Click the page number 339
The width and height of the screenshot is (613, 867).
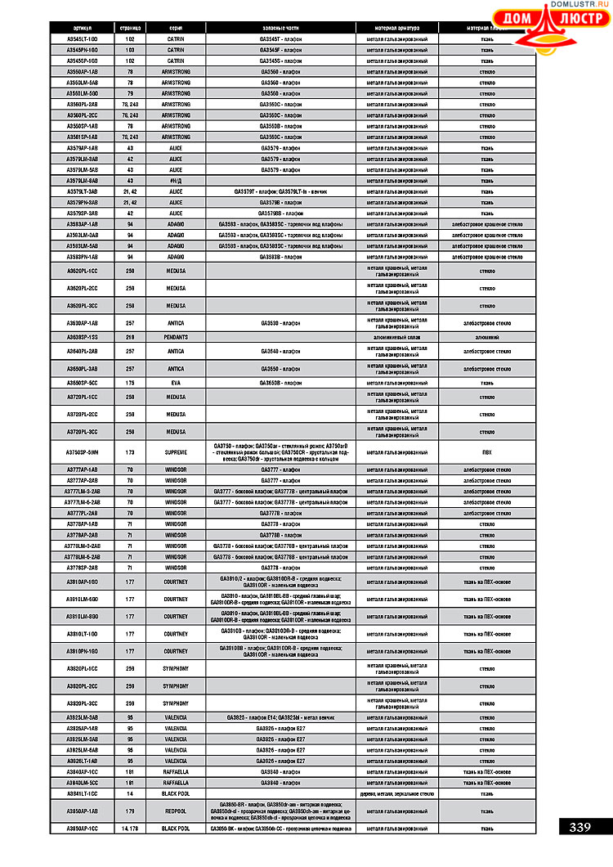tap(580, 827)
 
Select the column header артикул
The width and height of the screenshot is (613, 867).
tap(82, 28)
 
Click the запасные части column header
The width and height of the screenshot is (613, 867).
tap(280, 28)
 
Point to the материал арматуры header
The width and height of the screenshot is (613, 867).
tap(396, 28)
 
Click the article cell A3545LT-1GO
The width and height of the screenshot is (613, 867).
tap(82, 38)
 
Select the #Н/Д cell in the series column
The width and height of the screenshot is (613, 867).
tap(175, 180)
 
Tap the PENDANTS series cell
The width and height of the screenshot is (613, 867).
tap(175, 337)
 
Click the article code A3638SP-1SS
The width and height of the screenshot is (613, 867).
tap(82, 337)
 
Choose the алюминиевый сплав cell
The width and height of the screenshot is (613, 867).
tap(396, 337)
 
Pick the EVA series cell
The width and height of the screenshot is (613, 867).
tap(175, 382)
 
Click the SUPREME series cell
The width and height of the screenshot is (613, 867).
tap(175, 451)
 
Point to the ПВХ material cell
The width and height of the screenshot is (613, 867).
tap(486, 451)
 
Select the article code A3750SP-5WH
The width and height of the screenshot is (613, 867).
tap(82, 451)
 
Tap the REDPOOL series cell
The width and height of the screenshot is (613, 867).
tap(175, 811)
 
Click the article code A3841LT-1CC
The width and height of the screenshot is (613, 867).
tap(82, 793)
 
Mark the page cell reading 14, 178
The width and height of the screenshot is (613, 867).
tap(130, 829)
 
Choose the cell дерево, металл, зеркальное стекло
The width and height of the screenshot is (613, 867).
tap(396, 793)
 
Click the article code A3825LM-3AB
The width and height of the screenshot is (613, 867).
tap(82, 717)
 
